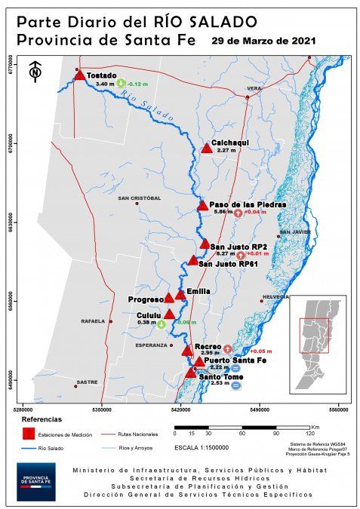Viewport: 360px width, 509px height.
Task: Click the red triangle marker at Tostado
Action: pos(80,74)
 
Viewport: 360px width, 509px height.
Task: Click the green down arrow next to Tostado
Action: pos(121,84)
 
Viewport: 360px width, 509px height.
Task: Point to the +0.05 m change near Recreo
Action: pos(261,351)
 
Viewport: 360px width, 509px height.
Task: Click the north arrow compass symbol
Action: pos(35,72)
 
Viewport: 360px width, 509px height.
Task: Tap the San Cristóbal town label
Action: pos(140,198)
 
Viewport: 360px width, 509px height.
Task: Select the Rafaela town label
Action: pos(93,321)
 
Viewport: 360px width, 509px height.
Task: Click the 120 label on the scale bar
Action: pos(309,434)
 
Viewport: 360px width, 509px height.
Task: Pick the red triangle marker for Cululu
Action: pos(170,314)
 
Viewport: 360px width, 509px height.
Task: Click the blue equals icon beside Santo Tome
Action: pos(236,386)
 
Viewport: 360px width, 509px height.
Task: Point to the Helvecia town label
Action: pos(276,297)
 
